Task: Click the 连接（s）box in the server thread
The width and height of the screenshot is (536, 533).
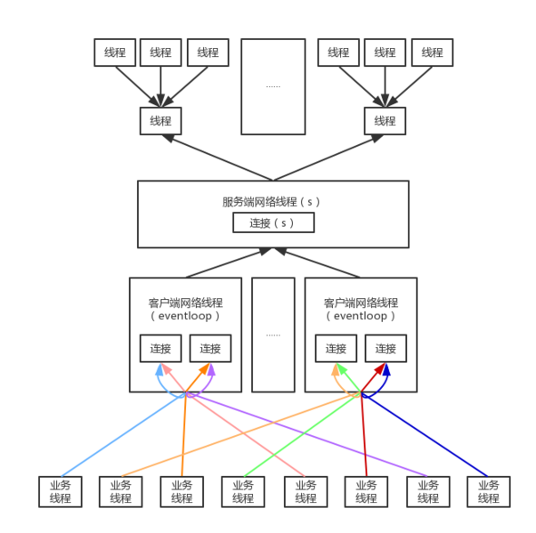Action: tap(273, 222)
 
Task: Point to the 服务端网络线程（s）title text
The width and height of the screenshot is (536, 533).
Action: tap(272, 201)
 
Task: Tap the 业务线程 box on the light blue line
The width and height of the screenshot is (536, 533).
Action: tap(61, 492)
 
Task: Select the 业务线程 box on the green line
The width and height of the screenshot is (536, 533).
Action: tap(243, 492)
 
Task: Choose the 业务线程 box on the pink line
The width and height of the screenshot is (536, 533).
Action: tap(305, 492)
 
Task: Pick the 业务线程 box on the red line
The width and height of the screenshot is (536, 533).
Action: tap(366, 492)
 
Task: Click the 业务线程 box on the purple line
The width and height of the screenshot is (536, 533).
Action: tap(428, 492)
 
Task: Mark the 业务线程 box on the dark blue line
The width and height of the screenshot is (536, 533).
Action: tap(489, 492)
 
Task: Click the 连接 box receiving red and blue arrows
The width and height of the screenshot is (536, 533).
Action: tap(386, 349)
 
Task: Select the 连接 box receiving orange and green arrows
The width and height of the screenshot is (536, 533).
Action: tap(336, 349)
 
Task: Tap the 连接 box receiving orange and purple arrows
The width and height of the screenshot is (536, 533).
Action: tap(210, 349)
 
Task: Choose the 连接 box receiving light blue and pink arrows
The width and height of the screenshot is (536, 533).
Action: tap(160, 349)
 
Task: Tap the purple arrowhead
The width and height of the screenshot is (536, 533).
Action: tap(213, 368)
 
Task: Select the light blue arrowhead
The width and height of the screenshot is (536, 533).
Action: tap(158, 368)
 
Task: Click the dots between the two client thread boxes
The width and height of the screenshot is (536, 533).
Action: tap(273, 335)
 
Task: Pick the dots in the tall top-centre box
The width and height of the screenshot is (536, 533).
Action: tap(273, 86)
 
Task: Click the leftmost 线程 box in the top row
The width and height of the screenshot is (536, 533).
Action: tap(114, 52)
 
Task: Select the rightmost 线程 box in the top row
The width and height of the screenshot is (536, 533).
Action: tap(432, 52)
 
